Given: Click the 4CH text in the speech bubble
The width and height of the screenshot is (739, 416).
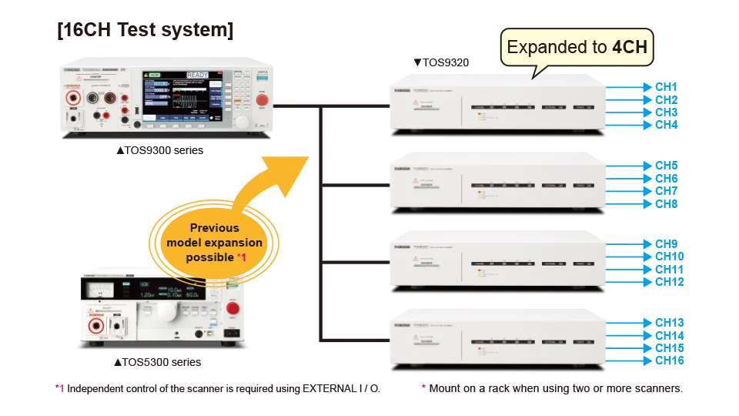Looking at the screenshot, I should [632, 48].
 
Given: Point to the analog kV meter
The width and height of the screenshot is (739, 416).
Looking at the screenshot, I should [102, 291].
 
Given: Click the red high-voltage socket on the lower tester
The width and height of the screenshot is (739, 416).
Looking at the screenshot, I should [99, 327].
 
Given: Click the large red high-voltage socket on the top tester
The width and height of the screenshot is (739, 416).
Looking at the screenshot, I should [75, 99].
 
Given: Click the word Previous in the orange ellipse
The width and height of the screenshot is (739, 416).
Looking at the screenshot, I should [214, 228].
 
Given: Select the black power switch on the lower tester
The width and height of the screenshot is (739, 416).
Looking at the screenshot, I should [231, 334].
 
